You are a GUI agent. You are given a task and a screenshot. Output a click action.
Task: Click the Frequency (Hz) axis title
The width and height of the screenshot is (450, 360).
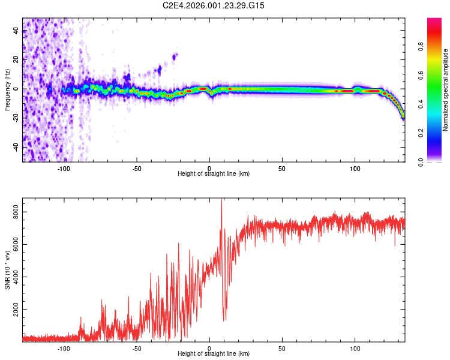point(7,90)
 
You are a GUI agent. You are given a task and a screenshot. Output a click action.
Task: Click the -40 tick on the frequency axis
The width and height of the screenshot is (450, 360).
point(16,147)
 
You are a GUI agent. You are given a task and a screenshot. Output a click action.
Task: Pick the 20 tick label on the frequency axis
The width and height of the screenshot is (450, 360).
point(16,60)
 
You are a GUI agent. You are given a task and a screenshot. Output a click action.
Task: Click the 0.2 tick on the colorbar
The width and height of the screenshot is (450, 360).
point(421,133)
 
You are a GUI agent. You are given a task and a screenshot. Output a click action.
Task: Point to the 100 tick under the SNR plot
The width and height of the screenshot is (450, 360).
point(355,348)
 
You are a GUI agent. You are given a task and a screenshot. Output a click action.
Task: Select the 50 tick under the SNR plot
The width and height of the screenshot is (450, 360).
point(282,348)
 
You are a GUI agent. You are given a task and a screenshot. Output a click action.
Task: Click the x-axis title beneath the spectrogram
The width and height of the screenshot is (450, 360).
point(214,174)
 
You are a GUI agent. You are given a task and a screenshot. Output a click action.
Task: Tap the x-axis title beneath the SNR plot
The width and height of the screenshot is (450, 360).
point(214,355)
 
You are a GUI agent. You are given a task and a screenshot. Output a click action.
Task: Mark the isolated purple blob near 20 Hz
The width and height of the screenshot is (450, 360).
point(175,57)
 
